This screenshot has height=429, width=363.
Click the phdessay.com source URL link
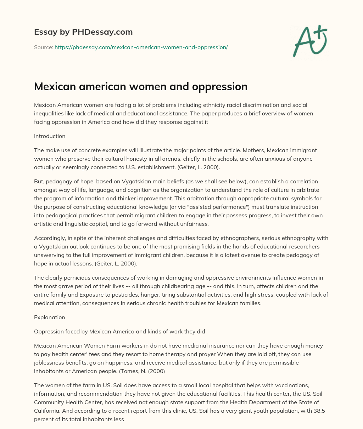(141, 47)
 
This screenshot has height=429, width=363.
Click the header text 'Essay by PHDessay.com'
(83, 32)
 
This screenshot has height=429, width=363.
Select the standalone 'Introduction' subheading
(50, 136)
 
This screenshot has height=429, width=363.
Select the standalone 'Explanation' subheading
(49, 317)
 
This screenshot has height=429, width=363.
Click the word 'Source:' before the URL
(43, 47)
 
